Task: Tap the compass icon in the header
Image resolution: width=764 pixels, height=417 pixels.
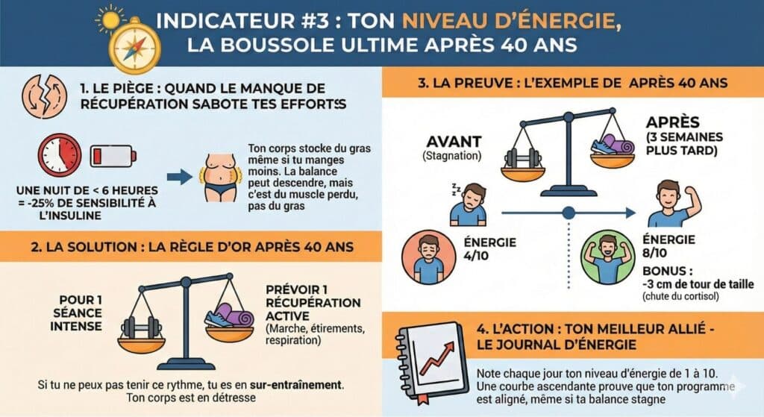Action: tap(134, 47)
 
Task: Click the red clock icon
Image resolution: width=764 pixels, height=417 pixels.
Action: tap(60, 155)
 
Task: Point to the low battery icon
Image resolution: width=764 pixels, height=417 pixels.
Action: tap(113, 157)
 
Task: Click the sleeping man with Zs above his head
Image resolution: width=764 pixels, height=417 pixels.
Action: tap(469, 204)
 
